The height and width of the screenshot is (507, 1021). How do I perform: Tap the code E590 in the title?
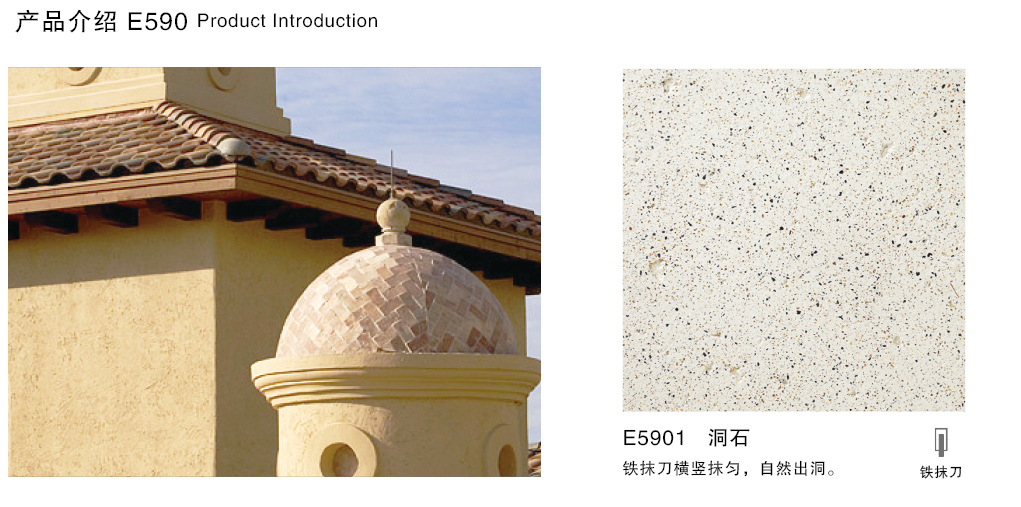tap(157, 22)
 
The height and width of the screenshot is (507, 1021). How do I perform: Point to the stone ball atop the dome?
tap(392, 214)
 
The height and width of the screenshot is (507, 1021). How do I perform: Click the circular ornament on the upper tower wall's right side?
tap(222, 77)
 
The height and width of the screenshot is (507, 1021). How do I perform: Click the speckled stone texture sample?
tap(793, 239)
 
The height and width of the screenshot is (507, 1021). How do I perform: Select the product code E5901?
tap(654, 438)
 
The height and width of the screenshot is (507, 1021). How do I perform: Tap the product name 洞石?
tap(728, 438)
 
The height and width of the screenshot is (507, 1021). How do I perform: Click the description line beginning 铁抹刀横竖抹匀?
tap(728, 468)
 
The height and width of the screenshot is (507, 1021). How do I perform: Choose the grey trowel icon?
tap(941, 442)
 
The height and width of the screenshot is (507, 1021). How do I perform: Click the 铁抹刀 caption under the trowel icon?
tap(941, 472)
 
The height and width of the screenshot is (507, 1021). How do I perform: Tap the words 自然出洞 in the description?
tap(796, 468)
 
